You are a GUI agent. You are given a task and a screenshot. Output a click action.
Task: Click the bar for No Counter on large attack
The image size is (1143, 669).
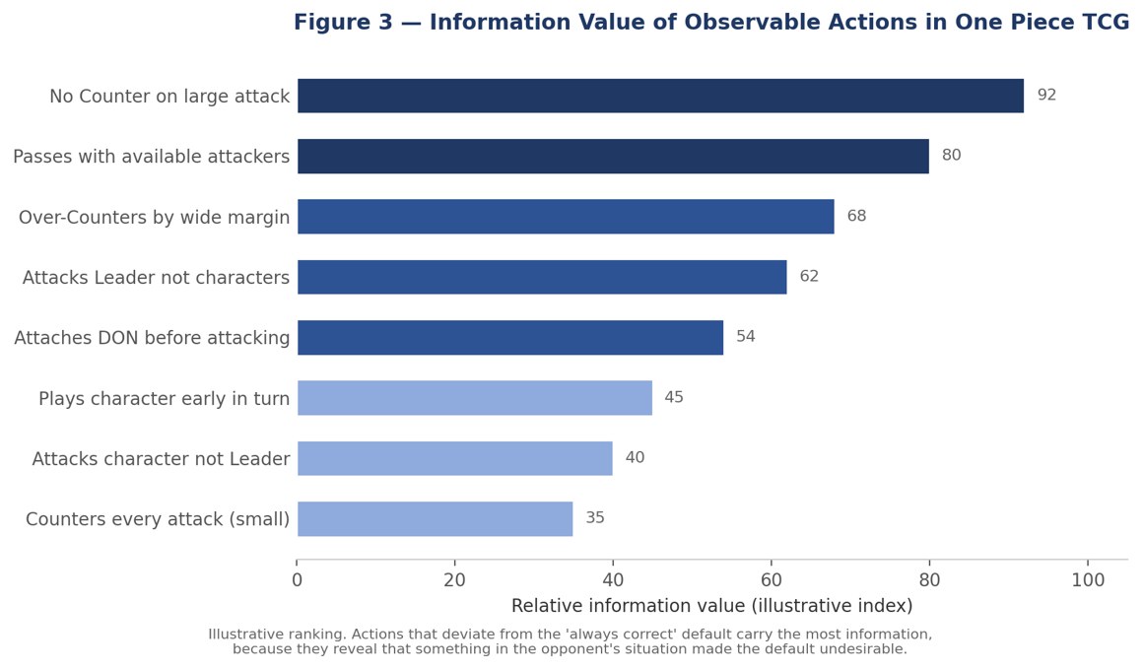[660, 96]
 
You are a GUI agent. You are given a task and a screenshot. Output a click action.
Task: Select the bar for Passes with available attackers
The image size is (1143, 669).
[613, 156]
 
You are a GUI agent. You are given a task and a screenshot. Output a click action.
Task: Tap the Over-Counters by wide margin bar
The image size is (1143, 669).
[566, 217]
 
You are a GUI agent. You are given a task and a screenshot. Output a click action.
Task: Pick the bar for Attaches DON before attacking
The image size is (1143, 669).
[510, 337]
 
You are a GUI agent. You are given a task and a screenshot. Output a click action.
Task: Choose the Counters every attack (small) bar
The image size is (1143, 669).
[436, 519]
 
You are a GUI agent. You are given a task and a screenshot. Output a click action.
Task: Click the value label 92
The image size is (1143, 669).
[1046, 95]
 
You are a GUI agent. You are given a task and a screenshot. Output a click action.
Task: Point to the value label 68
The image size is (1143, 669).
[856, 216]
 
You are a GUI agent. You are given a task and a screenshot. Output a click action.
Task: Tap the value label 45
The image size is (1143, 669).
[674, 397]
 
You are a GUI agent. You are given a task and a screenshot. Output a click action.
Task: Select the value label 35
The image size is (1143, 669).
[595, 517]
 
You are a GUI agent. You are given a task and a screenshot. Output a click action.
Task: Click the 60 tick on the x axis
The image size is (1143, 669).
[772, 580]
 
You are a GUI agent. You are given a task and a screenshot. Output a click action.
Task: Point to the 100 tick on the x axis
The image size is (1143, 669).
[1088, 580]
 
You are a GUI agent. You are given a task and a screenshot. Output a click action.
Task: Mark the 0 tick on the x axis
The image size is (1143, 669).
[297, 580]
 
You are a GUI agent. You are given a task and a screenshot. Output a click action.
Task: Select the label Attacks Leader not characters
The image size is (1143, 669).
[156, 278]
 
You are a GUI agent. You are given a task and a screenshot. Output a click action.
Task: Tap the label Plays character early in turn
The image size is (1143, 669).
[164, 399]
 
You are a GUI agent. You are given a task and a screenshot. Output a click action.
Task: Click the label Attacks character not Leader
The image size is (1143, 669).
[161, 459]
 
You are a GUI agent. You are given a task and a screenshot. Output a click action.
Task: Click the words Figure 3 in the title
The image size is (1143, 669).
[343, 22]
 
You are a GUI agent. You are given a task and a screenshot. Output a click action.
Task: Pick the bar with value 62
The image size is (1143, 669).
[542, 277]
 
